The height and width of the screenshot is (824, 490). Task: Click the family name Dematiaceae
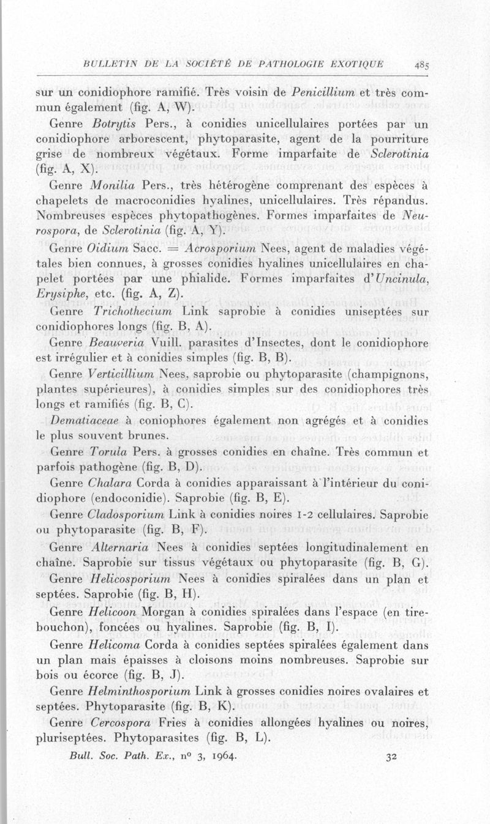click(x=84, y=420)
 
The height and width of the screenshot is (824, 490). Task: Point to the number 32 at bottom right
click(x=393, y=756)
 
